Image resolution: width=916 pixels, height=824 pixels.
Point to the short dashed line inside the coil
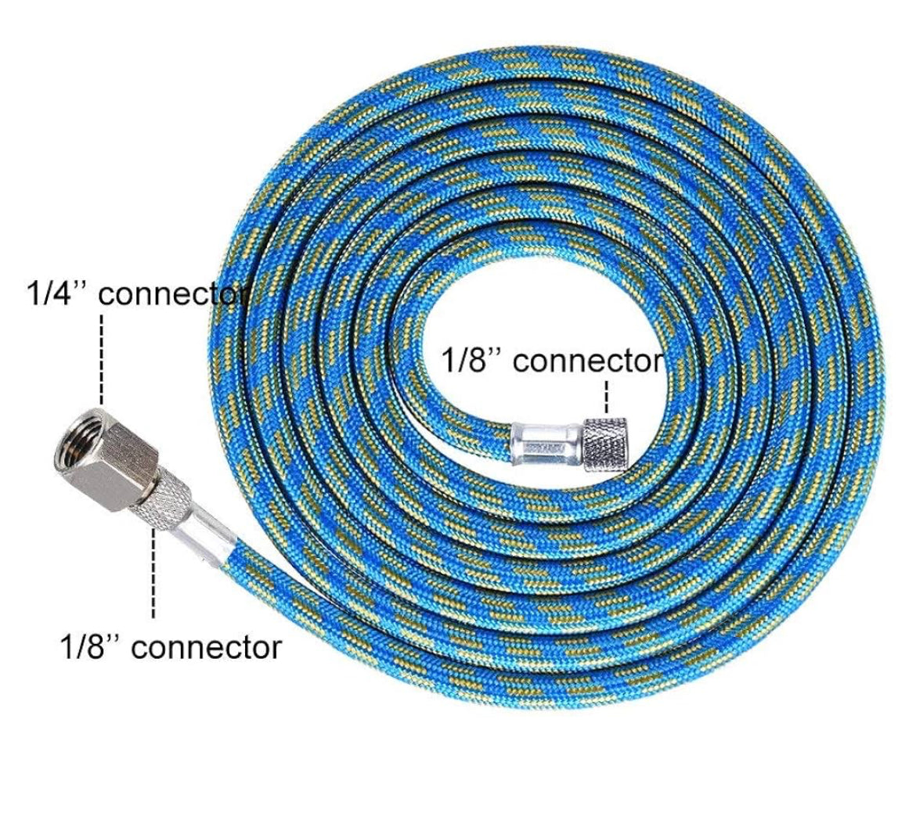pos(607,396)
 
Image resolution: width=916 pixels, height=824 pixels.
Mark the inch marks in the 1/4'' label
pos(81,286)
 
